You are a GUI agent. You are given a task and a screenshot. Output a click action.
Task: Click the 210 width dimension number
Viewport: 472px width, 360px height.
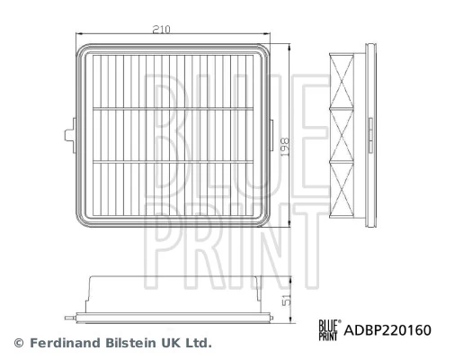[x=161, y=30]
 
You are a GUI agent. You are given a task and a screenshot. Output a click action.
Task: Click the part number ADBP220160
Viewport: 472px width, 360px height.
[x=387, y=330]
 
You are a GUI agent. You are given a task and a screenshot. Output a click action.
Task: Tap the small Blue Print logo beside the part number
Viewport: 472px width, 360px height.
[x=329, y=330]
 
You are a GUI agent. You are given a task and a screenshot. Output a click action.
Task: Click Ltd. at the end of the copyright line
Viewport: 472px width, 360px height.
[x=200, y=343]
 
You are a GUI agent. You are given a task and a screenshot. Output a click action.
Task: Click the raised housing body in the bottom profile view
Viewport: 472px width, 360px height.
[x=171, y=290]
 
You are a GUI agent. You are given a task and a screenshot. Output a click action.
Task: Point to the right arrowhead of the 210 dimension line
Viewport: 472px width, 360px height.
[x=264, y=37]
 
